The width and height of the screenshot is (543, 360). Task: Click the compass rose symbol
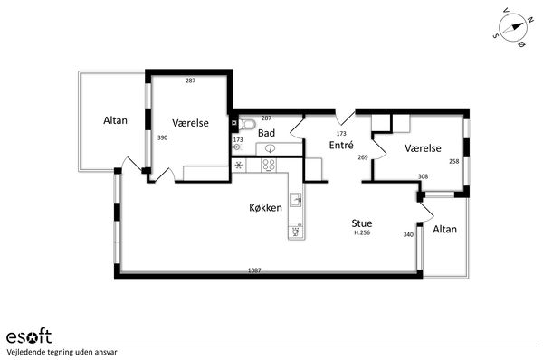pos(512,28)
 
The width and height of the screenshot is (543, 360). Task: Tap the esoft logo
pos(29,336)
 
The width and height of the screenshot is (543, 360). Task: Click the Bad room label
pos(266,133)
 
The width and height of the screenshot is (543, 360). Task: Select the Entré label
pos(341,145)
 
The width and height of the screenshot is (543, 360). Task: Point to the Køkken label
pos(265,208)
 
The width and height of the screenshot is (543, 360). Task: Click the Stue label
pos(362,223)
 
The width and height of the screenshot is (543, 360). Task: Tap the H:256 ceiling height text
pos(362,233)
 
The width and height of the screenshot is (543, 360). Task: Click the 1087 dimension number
pos(254,270)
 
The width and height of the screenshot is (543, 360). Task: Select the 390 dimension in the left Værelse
pos(162,137)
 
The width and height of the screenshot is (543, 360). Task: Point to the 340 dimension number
pos(408,234)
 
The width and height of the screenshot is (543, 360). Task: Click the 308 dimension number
pos(424,176)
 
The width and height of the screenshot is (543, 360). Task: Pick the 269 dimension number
pos(363,157)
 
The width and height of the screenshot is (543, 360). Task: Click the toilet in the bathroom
pos(247,124)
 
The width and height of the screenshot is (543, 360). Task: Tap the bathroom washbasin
pos(270,149)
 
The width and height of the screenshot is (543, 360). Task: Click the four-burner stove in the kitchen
pos(269,165)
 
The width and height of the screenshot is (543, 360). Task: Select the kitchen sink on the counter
pos(295,200)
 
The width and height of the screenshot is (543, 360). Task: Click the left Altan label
pos(115,120)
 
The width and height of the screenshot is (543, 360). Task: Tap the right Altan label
pos(444,229)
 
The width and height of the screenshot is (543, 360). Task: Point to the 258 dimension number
pos(454,161)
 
